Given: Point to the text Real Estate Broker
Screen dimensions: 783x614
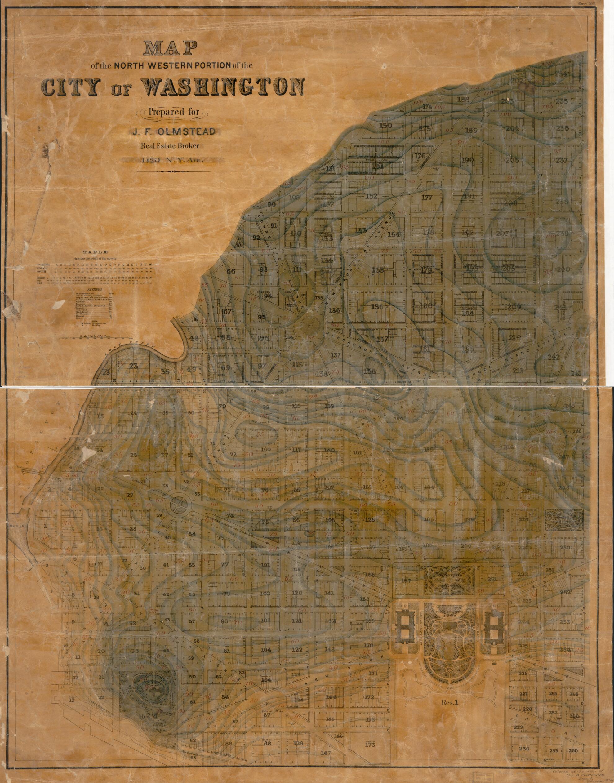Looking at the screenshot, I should (170, 146).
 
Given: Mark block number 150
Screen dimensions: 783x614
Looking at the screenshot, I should (385, 126).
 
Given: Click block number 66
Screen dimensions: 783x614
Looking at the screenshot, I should (231, 271).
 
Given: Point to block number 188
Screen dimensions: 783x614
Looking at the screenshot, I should (464, 100).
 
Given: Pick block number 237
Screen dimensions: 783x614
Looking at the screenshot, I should (562, 160).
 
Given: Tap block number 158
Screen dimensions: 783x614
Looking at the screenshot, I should (370, 371).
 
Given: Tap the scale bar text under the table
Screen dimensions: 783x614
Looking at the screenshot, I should (93, 337).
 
